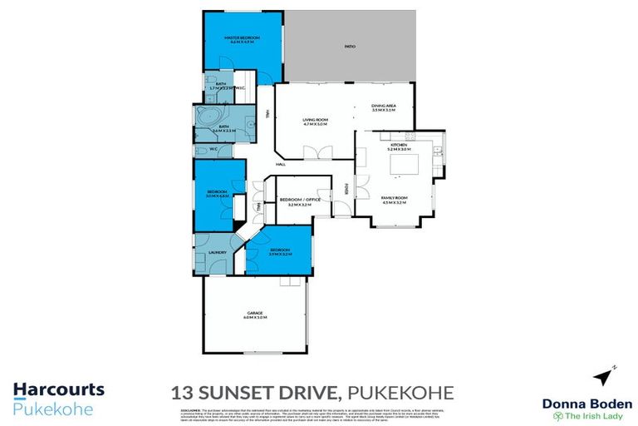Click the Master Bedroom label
(242, 39)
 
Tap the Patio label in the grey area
(350, 46)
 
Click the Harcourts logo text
(58, 389)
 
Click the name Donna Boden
(587, 404)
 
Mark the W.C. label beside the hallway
(213, 150)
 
